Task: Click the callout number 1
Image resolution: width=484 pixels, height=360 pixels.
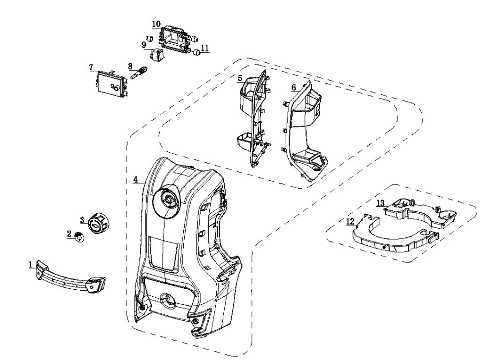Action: (x=31, y=265)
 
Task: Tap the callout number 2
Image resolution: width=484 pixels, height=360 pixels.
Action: (x=69, y=234)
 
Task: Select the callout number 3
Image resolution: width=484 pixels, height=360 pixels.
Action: (x=82, y=219)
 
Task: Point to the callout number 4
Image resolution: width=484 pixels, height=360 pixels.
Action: (x=136, y=180)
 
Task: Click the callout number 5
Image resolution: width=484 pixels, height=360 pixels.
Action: (x=240, y=78)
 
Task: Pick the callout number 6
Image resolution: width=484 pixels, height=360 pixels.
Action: (x=294, y=87)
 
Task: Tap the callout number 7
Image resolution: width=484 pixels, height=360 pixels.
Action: (x=91, y=67)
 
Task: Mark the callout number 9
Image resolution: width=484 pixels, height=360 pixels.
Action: (x=144, y=45)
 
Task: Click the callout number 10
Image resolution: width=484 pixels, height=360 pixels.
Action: (x=156, y=24)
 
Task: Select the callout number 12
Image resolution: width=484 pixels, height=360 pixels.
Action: (x=350, y=221)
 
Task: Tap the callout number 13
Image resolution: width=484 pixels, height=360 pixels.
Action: (x=381, y=203)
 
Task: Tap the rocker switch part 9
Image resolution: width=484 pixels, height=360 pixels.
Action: (x=158, y=54)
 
